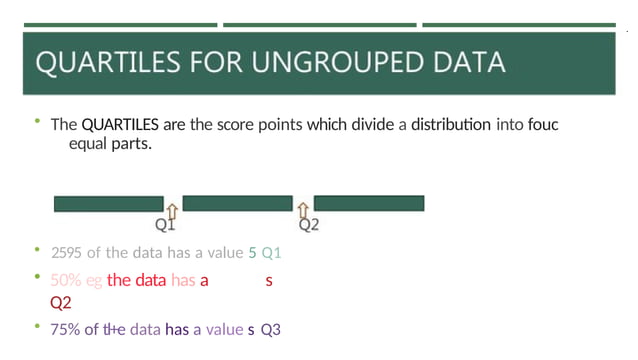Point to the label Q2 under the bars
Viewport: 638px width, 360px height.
pos(309,225)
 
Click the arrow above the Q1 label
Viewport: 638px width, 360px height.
pos(172,208)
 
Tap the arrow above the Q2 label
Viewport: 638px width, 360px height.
pos(304,208)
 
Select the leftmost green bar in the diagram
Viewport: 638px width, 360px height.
pos(108,204)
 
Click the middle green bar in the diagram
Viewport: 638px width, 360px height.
pos(237,204)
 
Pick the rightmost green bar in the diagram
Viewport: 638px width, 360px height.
pos(369,204)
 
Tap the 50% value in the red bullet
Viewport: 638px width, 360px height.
pos(65,281)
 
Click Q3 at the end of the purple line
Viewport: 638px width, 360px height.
pos(271,328)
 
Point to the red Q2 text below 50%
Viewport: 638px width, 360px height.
pos(60,302)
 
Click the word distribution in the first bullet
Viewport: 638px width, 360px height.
pos(450,125)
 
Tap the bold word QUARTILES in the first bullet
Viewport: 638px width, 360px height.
pos(117,125)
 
